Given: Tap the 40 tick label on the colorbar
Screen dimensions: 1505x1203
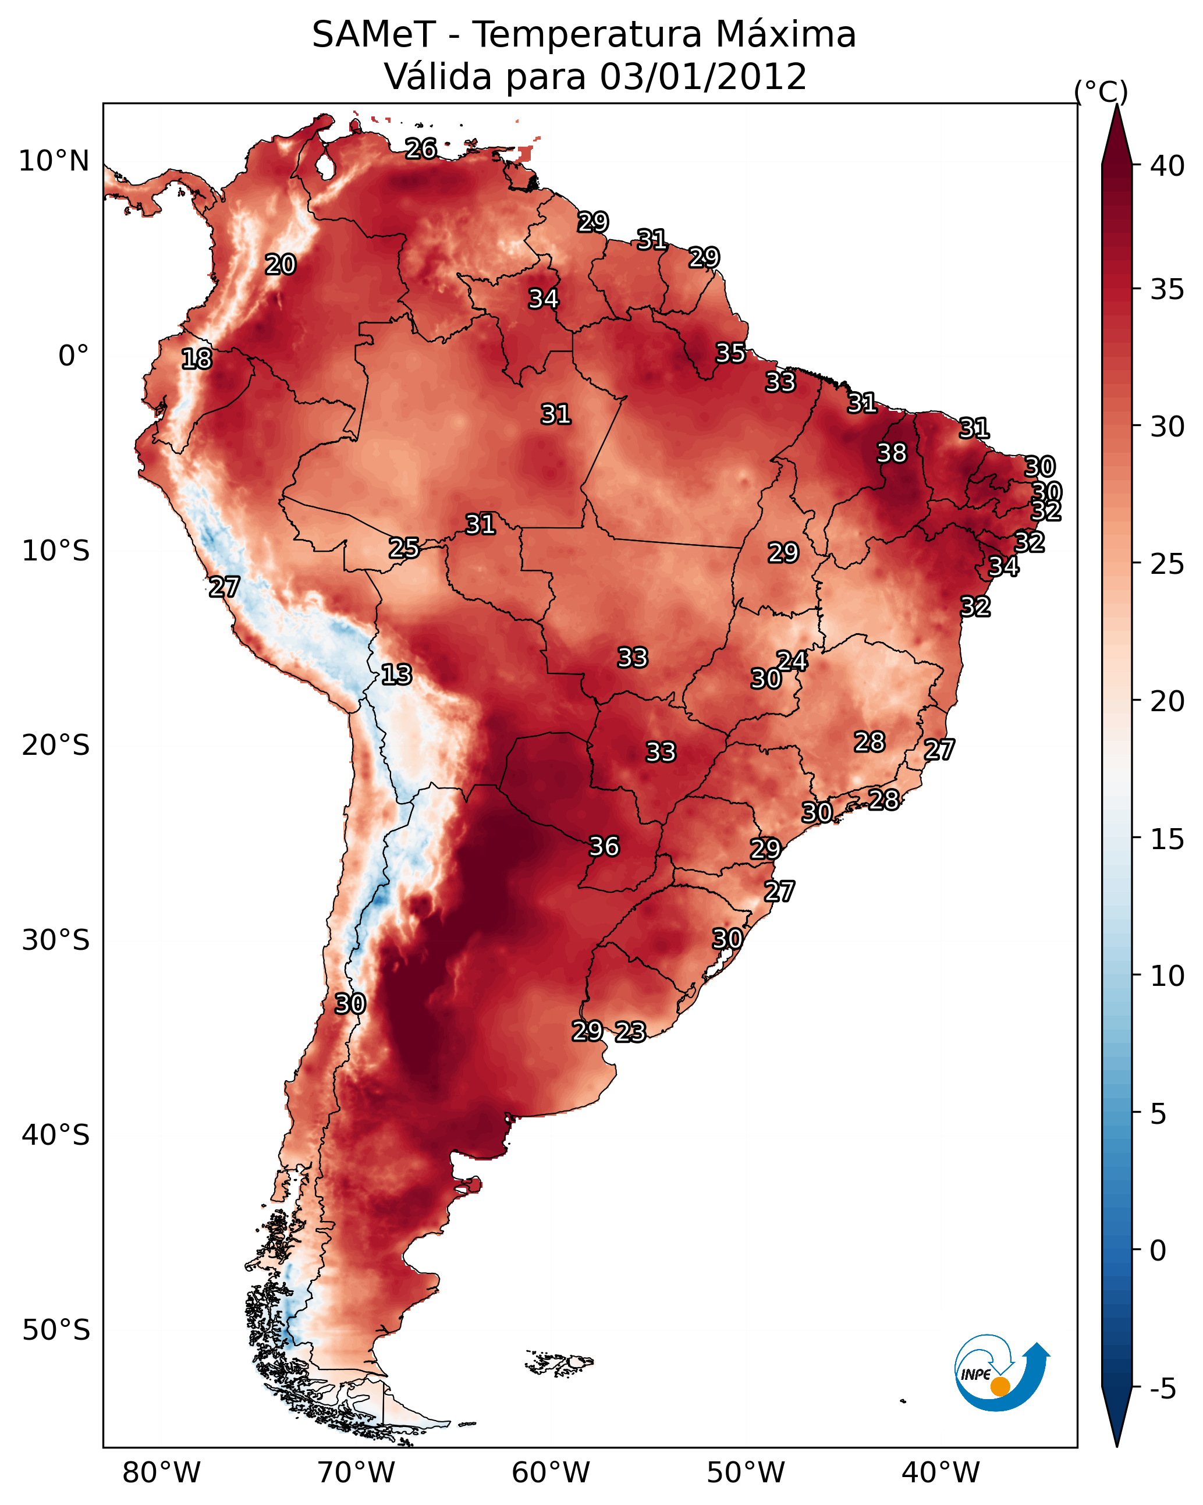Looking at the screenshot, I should coord(1167,166).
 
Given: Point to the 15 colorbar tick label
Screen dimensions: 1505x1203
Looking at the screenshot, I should coord(1167,839).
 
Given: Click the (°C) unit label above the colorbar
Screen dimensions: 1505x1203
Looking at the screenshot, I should coord(1101,91).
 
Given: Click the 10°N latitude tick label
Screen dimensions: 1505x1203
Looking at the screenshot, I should coord(54,161).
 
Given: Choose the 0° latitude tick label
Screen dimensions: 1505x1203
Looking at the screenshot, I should coord(74,356).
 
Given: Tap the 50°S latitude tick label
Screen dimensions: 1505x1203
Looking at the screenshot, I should coord(56,1330).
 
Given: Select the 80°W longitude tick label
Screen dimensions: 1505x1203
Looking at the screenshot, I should coord(161,1472).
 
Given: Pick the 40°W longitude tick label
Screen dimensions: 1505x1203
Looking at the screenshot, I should coord(941,1472).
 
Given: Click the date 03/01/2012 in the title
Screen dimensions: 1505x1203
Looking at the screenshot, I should coord(703,77).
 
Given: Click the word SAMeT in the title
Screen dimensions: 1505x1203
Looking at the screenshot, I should coord(374,35).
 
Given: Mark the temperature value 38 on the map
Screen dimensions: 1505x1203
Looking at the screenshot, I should coord(892,453).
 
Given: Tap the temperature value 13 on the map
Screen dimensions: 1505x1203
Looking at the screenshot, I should coord(396,675).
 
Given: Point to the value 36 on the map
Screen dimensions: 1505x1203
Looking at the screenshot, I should coord(604,846).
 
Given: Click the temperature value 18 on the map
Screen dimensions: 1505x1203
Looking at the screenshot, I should coord(196,359).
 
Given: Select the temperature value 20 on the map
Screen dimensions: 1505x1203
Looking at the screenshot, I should coord(280,265).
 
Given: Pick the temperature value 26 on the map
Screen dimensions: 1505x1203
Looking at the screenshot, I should coord(421,148).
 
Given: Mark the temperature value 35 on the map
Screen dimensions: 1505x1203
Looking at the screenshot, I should coord(730,353).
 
